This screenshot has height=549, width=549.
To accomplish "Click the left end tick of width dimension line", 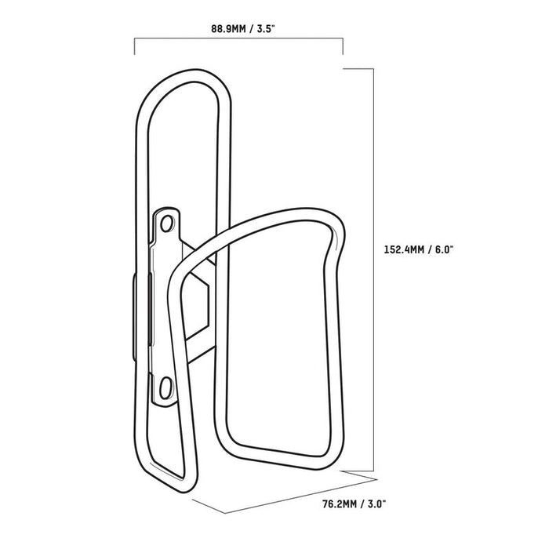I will [x=136, y=46].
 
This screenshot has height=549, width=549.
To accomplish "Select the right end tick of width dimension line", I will [x=343, y=46].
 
